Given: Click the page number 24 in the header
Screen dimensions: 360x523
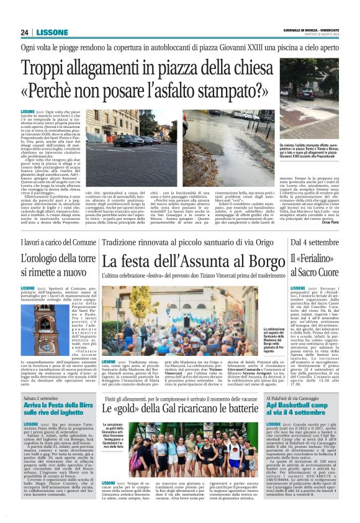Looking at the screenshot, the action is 24,32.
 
